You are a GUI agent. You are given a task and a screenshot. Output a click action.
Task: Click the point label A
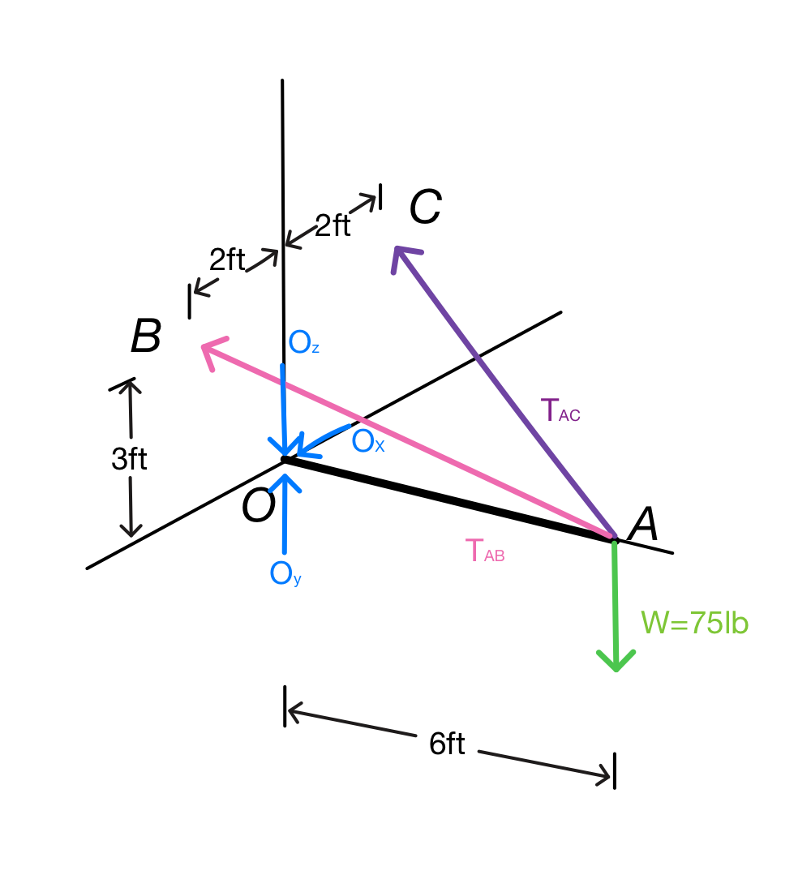[x=644, y=524]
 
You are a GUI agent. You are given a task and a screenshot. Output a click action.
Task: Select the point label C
[x=425, y=207]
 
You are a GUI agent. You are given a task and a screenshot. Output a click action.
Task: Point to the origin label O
[x=258, y=506]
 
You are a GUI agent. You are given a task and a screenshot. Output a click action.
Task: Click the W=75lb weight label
[x=694, y=623]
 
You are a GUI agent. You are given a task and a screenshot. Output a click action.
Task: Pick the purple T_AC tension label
[x=560, y=410]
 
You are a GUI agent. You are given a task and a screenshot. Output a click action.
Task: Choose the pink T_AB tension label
[x=485, y=551]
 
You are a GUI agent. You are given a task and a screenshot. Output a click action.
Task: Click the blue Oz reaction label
[x=303, y=342]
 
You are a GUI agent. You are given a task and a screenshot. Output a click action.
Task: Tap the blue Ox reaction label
[x=368, y=441]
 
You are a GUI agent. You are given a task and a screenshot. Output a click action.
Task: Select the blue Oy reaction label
[x=285, y=573]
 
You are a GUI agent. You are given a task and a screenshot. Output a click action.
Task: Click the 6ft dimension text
[x=447, y=744]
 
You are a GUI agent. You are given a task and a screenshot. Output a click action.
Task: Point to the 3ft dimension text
[x=129, y=459]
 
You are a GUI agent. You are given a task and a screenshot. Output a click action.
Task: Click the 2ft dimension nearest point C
[x=333, y=225]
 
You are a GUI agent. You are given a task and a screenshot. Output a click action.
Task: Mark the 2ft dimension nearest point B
[x=227, y=260]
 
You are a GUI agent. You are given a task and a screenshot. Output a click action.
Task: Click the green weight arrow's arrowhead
[x=616, y=661]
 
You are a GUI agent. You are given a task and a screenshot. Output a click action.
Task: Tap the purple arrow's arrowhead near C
[x=402, y=255]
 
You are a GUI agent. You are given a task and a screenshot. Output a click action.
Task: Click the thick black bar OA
[x=449, y=500]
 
